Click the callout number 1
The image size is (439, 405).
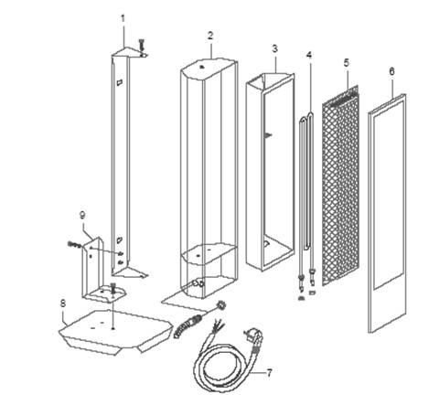click(123, 19)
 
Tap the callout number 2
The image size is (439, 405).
click(210, 36)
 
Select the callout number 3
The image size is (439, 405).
click(274, 48)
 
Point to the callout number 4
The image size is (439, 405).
click(309, 55)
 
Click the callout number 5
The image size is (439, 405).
click(346, 63)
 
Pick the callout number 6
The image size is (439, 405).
click(391, 71)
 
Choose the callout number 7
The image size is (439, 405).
click(269, 373)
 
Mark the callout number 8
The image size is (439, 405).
click(63, 304)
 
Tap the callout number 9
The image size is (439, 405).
click(82, 215)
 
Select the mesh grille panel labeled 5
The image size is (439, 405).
click(341, 186)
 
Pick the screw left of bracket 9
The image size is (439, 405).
click(74, 244)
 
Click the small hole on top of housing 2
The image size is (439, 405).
click(201, 67)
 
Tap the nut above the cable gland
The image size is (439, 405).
click(219, 304)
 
